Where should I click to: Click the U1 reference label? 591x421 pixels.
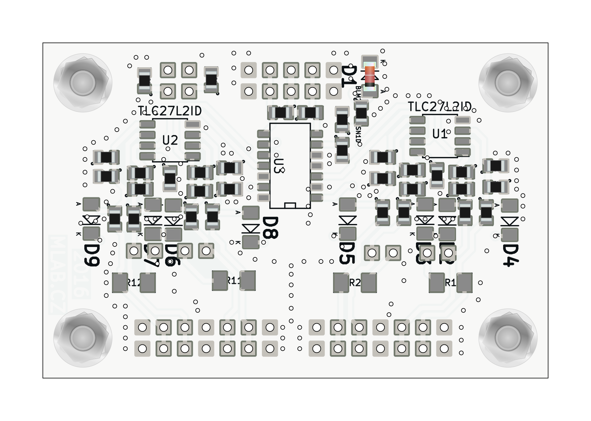(x=440, y=134)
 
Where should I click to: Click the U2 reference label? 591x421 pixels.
(x=170, y=141)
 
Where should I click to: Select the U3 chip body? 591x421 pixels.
(x=290, y=165)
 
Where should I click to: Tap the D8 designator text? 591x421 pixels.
(x=271, y=228)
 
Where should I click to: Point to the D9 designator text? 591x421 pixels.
(x=91, y=254)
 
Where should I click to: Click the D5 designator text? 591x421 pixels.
(x=347, y=253)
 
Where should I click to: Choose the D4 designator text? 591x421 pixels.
(x=511, y=255)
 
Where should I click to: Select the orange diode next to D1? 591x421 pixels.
(x=370, y=76)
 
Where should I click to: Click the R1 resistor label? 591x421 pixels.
(x=450, y=283)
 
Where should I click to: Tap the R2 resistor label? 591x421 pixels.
(x=355, y=283)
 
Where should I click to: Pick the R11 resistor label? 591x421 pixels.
(x=233, y=281)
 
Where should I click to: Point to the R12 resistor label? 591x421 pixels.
(x=134, y=283)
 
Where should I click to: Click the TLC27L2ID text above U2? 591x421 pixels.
(x=170, y=111)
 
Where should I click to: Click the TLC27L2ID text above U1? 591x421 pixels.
(x=440, y=107)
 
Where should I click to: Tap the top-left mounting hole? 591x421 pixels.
(x=83, y=83)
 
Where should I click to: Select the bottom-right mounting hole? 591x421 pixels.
(x=508, y=337)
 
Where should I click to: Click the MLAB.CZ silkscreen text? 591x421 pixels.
(x=58, y=275)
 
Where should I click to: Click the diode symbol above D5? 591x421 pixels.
(x=347, y=220)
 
